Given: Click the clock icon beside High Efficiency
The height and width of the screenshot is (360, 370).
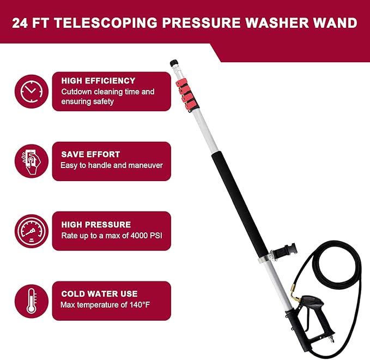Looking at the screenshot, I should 31,91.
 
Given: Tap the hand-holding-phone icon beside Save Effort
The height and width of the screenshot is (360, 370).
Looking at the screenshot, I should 31,161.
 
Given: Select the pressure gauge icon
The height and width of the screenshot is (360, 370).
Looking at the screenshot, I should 31,231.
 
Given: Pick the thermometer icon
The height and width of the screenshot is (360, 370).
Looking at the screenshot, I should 31,301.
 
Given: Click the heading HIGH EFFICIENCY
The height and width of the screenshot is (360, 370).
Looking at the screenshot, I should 98,81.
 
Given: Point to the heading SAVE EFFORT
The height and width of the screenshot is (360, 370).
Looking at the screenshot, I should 90,154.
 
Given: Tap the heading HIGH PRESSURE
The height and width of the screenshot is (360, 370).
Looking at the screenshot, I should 96,224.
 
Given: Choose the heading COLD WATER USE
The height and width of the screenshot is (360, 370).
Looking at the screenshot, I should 99,294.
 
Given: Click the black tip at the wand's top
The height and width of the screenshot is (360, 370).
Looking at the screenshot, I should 174,63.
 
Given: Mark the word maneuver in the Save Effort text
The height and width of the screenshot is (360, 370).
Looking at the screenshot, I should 145,165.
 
